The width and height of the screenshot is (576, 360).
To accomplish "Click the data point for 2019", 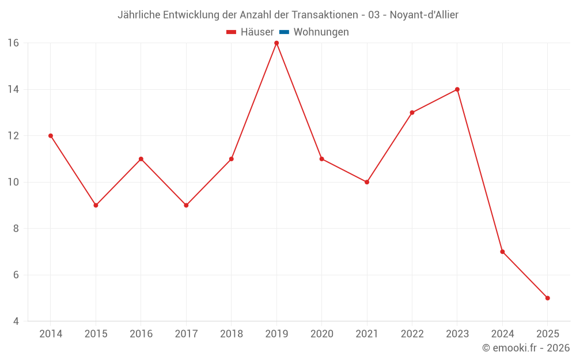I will click(276, 43).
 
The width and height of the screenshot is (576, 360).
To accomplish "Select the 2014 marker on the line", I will click(51, 136).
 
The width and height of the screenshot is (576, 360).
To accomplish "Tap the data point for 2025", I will click(547, 298).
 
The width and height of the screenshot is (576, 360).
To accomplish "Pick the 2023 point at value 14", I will click(457, 89).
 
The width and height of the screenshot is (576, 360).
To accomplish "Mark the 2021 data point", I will click(367, 182).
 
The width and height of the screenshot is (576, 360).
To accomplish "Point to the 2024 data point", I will click(502, 252).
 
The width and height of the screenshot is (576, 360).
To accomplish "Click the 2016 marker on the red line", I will click(141, 159).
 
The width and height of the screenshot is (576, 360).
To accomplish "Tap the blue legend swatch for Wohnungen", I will click(284, 32).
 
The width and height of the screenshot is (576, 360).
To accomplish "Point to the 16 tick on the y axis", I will click(13, 43).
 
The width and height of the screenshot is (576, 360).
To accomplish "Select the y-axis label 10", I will click(13, 182).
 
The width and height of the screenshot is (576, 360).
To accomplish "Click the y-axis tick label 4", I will click(16, 321).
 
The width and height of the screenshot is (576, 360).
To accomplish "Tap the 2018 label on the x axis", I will click(232, 334).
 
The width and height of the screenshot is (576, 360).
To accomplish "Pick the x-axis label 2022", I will click(412, 334).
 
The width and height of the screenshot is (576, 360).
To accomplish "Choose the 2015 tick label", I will click(96, 334).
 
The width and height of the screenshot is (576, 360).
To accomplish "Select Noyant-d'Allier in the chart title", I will click(424, 15).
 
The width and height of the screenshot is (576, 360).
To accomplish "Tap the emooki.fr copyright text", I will click(526, 348).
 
